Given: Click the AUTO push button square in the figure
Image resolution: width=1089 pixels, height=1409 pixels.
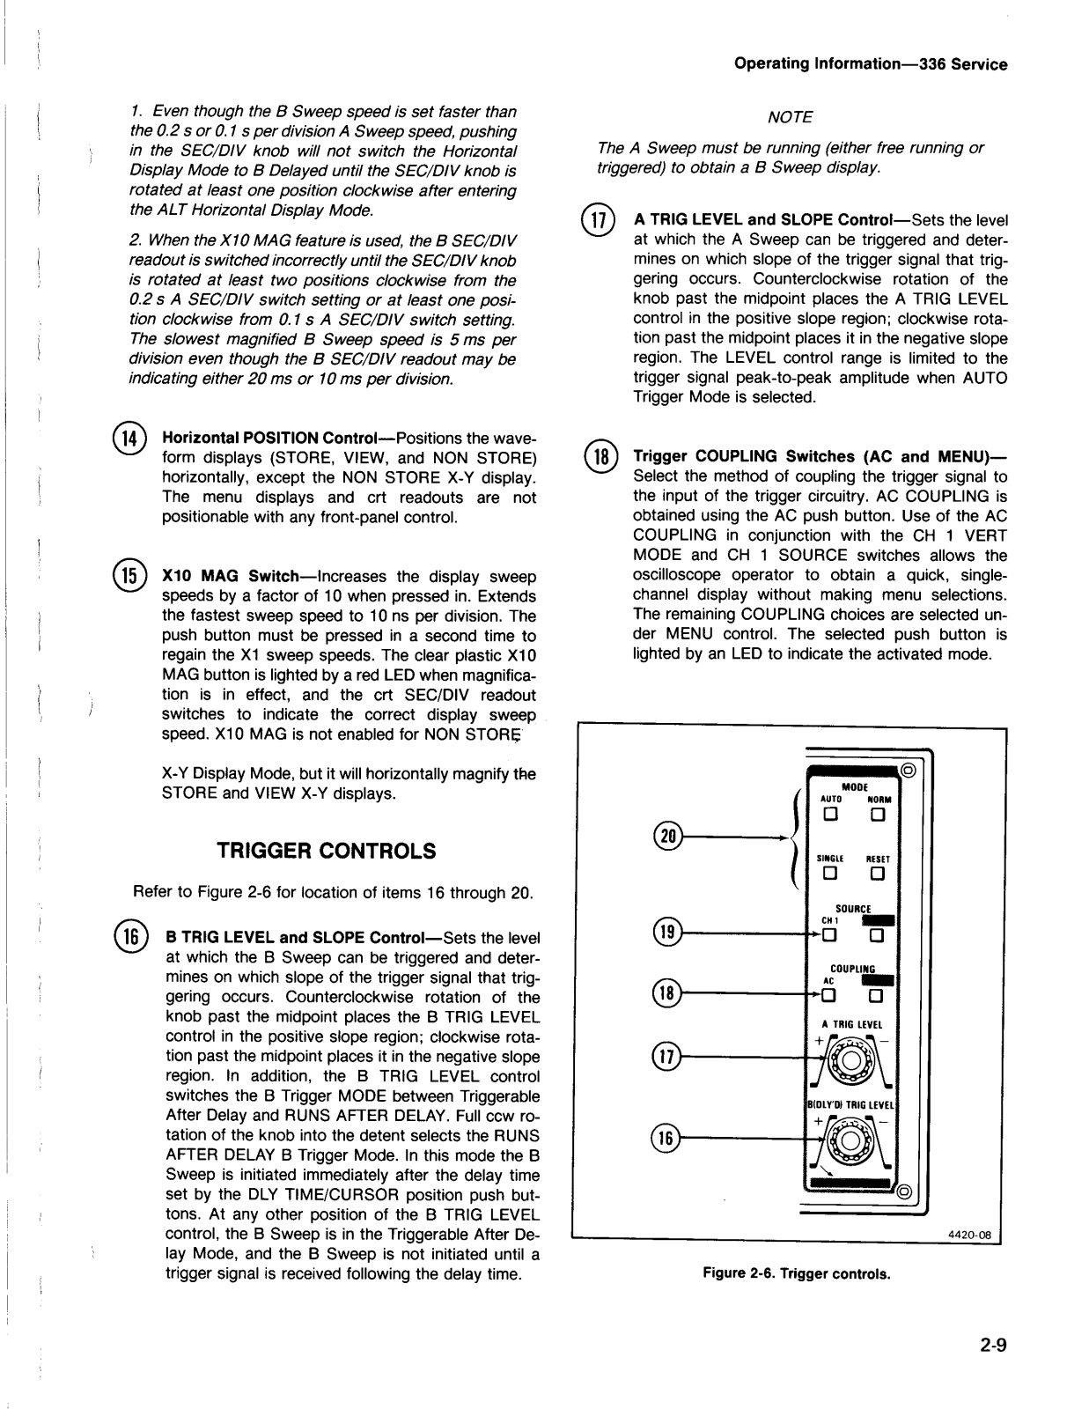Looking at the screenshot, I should [828, 815].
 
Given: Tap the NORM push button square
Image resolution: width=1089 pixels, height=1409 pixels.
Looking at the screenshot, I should [877, 815].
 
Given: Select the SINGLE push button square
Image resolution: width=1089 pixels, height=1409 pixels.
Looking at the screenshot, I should [828, 874].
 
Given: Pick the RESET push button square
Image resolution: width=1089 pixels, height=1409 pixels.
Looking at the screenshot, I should [877, 874].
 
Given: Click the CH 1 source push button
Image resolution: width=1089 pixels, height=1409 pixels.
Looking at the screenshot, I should [828, 935].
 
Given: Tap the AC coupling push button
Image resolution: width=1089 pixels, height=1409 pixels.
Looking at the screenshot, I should [828, 996].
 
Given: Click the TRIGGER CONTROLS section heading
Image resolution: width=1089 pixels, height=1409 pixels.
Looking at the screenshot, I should [326, 851].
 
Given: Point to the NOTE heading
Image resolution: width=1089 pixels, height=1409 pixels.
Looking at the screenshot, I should [790, 117].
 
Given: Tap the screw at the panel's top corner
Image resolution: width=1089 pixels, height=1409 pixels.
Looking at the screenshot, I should [909, 771].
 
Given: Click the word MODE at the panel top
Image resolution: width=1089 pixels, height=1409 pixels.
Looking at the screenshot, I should [854, 786].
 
